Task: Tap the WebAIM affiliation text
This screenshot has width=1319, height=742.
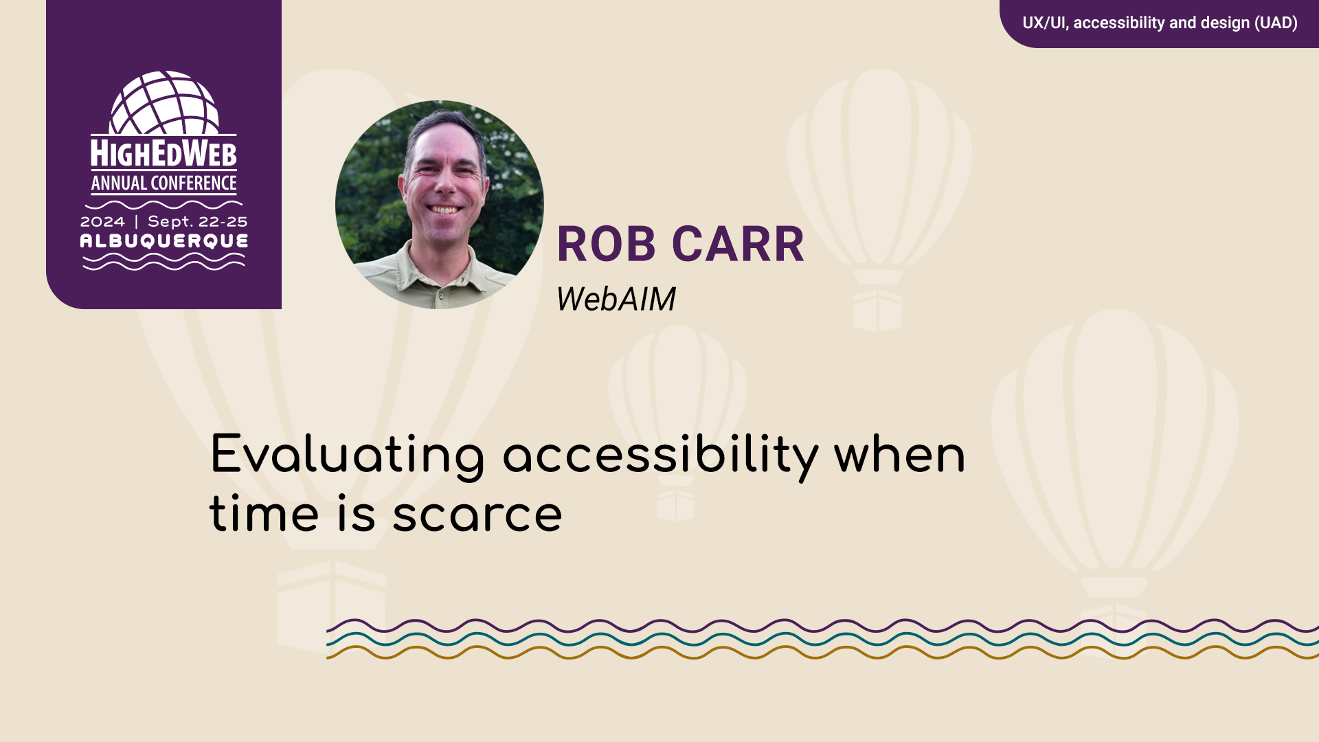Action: [x=616, y=299]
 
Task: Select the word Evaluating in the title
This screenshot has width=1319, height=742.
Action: [x=348, y=456]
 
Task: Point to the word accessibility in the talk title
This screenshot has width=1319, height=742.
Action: [x=661, y=456]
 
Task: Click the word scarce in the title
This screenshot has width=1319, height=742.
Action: [x=477, y=515]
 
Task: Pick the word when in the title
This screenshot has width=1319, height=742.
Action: [x=900, y=456]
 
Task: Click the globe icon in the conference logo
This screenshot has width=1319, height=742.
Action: [x=164, y=102]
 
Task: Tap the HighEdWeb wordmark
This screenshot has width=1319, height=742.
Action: [x=164, y=154]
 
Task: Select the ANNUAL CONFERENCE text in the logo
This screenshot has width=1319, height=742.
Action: [x=164, y=183]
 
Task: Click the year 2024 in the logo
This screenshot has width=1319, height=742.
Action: [x=102, y=222]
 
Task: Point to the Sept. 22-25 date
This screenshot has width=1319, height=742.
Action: [x=198, y=222]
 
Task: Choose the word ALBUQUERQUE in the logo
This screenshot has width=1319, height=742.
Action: [x=164, y=241]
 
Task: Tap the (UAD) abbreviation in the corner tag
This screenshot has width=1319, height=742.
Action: [x=1276, y=23]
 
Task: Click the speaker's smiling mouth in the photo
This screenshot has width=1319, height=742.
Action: [x=444, y=210]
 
